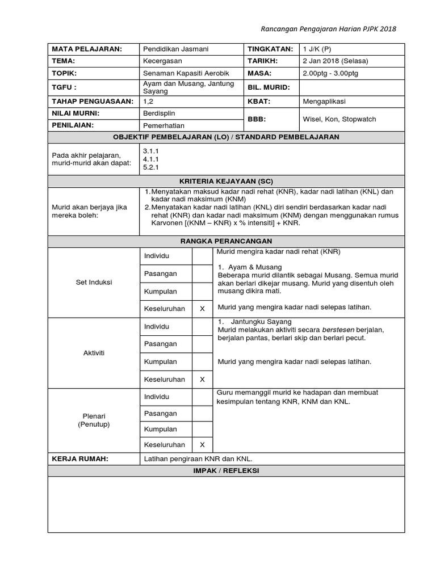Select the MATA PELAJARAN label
(x=87, y=49)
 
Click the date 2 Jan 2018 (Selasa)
(x=336, y=61)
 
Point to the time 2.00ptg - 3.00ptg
(x=330, y=74)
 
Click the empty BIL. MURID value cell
(x=351, y=87)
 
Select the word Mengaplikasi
(x=325, y=102)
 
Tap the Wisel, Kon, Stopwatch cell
(x=339, y=119)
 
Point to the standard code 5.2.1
(x=151, y=168)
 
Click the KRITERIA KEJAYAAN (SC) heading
(x=226, y=182)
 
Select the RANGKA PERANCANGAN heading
(x=226, y=241)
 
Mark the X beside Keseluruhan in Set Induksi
(x=202, y=309)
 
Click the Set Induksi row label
(x=94, y=282)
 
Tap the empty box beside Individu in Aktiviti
(x=202, y=327)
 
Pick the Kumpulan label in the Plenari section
(x=160, y=430)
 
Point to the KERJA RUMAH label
(x=79, y=459)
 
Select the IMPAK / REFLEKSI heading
(x=226, y=471)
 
